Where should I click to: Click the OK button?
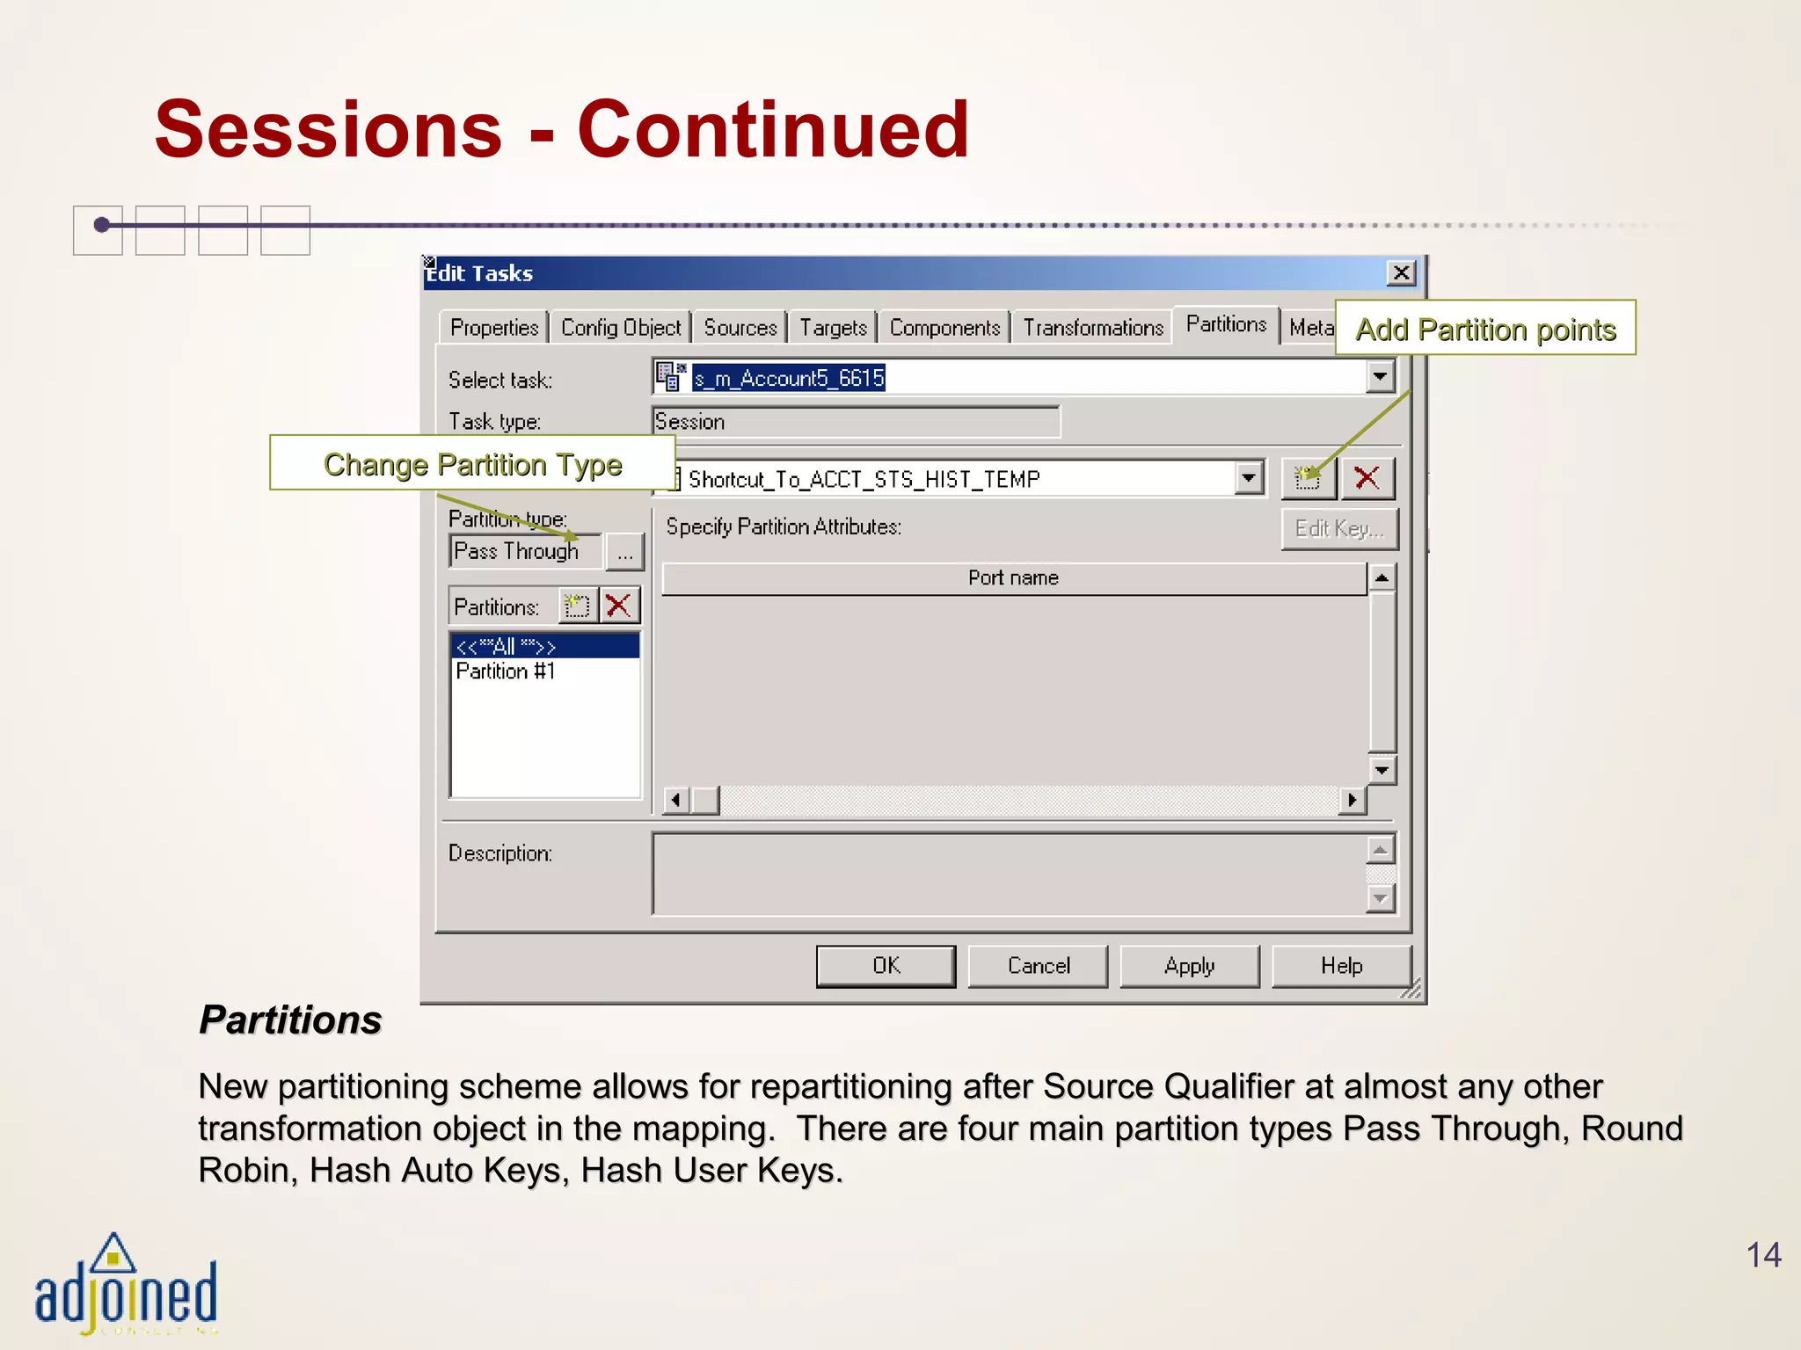click(x=886, y=966)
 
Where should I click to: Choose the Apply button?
click(x=1189, y=966)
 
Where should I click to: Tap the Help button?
click(x=1341, y=966)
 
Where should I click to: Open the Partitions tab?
click(x=1226, y=324)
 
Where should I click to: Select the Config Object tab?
click(x=621, y=328)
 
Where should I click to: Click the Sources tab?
click(x=740, y=328)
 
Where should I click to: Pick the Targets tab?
click(x=833, y=328)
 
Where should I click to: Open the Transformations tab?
click(x=1092, y=328)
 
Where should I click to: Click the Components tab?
click(x=944, y=328)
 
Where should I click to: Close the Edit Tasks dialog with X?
click(x=1401, y=273)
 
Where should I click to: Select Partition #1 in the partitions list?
click(x=506, y=671)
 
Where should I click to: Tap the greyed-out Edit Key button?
click(x=1338, y=528)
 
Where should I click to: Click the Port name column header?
click(x=1013, y=578)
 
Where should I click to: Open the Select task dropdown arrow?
click(x=1380, y=377)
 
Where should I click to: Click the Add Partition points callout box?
click(x=1485, y=329)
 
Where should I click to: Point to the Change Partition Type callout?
click(x=472, y=463)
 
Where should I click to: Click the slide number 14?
click(x=1763, y=1254)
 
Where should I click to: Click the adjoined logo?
click(x=125, y=1288)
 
